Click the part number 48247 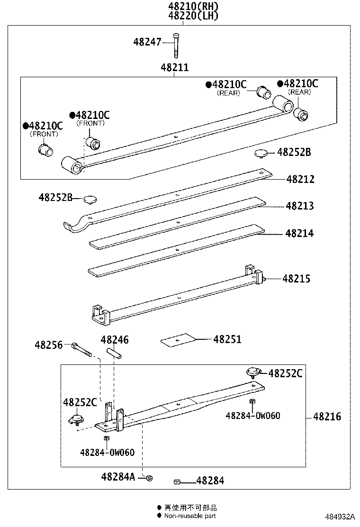point(147,42)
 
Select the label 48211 point(174,68)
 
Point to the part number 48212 point(300,180)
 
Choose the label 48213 point(299,206)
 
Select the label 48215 point(297,279)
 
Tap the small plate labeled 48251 point(179,339)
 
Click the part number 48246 point(114,340)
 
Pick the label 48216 point(327,417)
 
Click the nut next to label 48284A point(149,478)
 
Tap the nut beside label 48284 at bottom point(177,482)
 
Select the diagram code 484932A point(340,516)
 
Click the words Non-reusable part point(190,516)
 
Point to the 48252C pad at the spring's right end point(253,372)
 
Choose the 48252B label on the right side point(294,152)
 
